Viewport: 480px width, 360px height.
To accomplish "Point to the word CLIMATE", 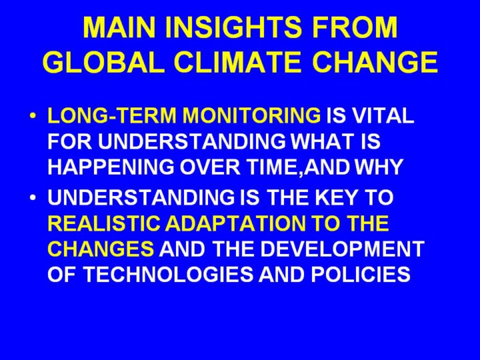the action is click(237, 62).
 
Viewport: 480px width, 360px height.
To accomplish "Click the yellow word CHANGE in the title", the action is click(375, 62).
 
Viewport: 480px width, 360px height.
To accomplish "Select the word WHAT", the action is click(317, 141).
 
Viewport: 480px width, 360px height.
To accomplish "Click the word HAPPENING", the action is click(111, 167).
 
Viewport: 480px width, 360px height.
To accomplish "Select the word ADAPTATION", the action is click(235, 223).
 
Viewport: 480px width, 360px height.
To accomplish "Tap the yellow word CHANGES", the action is click(101, 249).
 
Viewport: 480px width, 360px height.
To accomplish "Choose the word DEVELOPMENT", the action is click(342, 249).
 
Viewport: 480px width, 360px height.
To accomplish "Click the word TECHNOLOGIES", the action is click(169, 274).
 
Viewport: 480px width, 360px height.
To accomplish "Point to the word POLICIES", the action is click(361, 274).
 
